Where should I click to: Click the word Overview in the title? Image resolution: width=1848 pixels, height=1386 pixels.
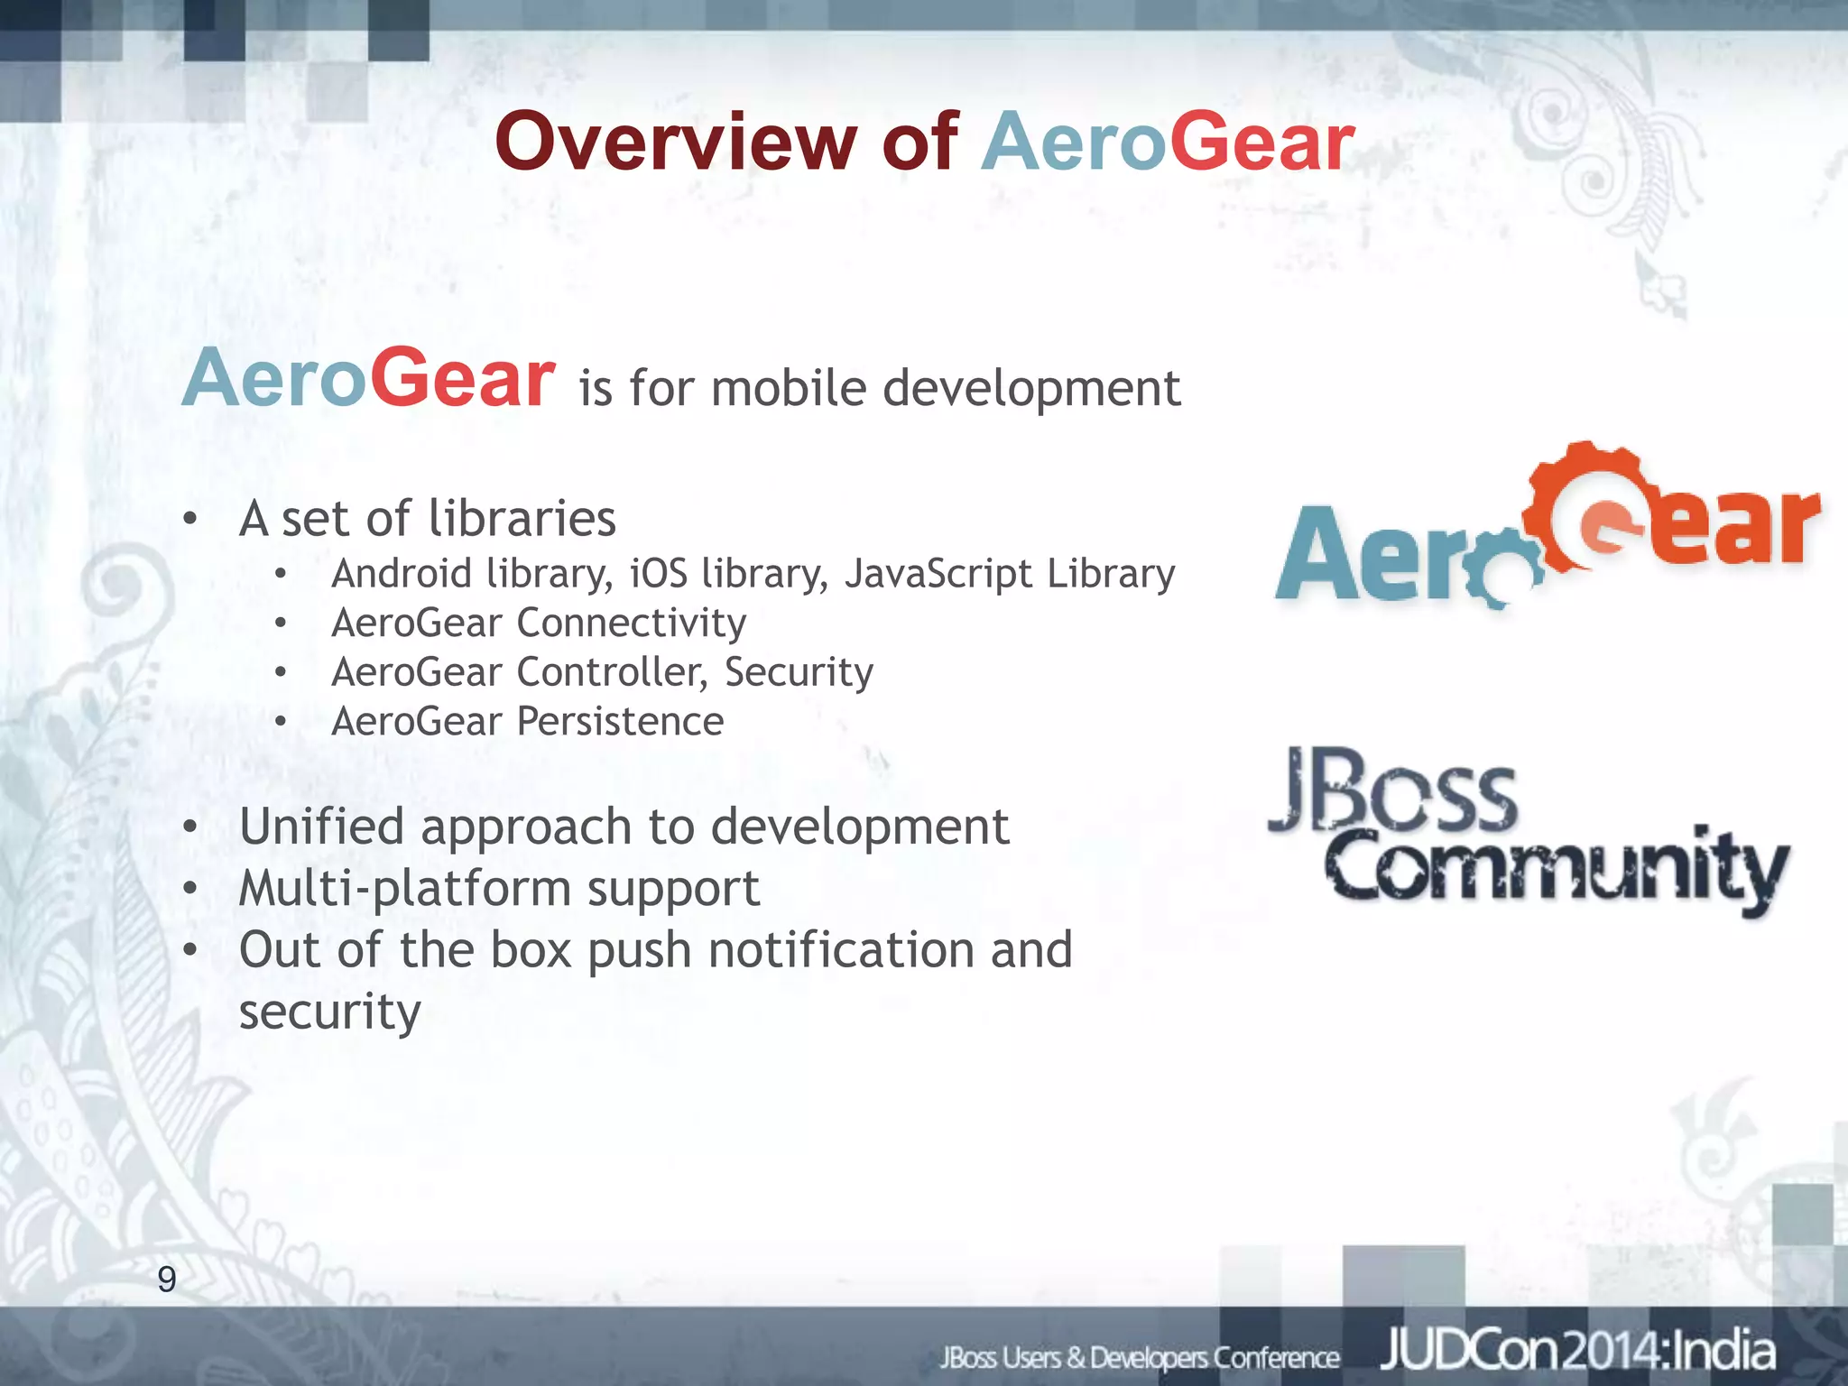tap(676, 142)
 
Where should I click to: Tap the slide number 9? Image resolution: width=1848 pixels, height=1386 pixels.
tap(167, 1280)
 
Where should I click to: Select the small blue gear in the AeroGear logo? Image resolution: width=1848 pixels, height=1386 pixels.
tap(1498, 573)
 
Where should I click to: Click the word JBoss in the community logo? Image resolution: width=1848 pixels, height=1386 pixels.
tap(1394, 790)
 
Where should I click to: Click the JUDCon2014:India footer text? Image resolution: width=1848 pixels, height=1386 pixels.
tap(1577, 1351)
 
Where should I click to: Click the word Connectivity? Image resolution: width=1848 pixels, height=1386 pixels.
tap(632, 623)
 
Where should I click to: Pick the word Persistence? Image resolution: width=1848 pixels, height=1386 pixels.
tap(620, 721)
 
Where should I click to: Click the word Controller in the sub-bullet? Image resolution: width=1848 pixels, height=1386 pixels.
tap(612, 672)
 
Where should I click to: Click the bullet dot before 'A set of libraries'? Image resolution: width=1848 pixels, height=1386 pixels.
tap(189, 520)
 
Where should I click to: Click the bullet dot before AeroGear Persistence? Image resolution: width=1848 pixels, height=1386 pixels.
tap(282, 722)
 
